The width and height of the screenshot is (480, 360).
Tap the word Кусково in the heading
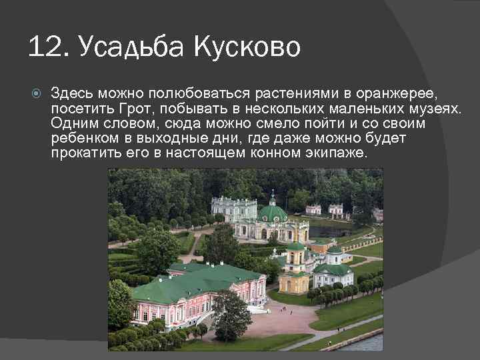248,47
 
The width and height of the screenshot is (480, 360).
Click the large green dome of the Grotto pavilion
272,211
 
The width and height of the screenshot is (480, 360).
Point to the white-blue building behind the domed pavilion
233,208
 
